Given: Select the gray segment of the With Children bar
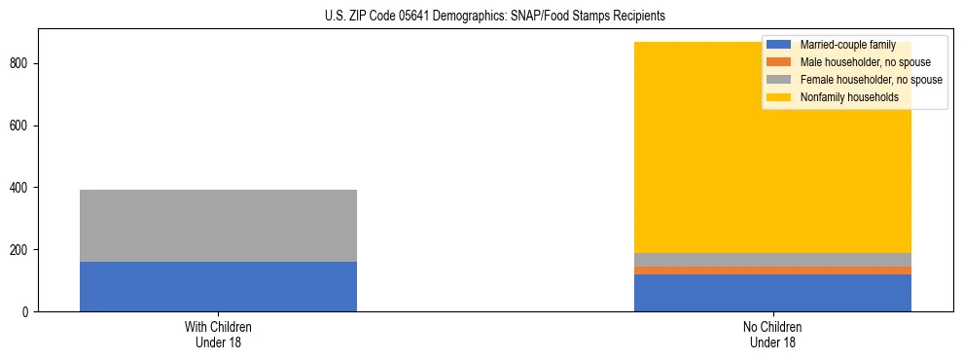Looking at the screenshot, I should tap(218, 226).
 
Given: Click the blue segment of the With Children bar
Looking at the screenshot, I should tap(218, 286).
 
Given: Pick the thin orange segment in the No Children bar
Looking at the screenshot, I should tap(772, 270).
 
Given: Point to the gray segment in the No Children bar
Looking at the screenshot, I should tap(772, 260).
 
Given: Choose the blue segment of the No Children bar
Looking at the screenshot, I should tap(772, 293).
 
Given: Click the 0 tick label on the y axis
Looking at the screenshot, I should tap(28, 312).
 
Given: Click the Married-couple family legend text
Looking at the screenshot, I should tap(847, 45).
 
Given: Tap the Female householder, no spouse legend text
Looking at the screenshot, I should tap(871, 80).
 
